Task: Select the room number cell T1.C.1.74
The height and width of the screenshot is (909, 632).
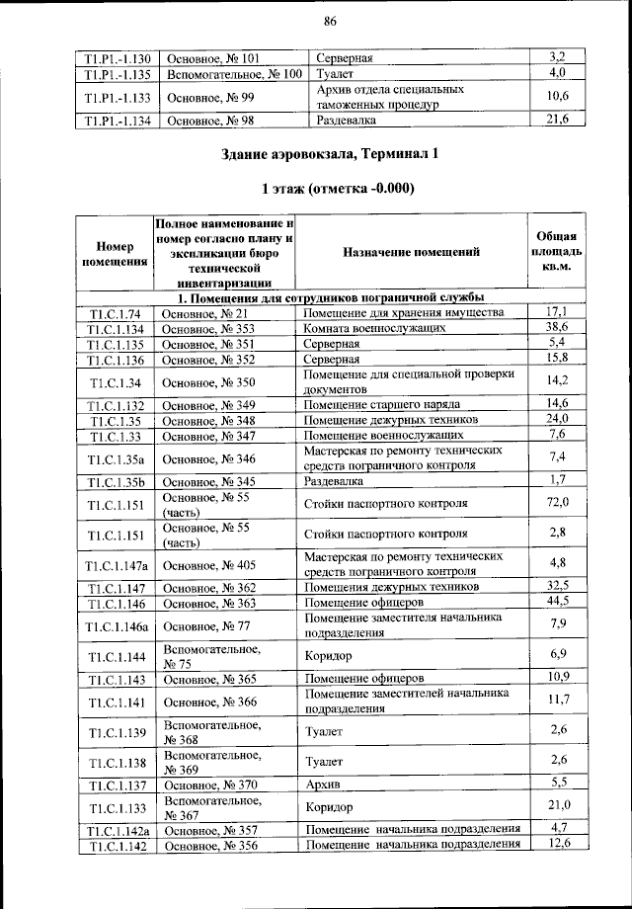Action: (116, 313)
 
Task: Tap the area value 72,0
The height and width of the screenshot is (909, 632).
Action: (558, 504)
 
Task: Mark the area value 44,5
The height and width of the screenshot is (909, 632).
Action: (558, 601)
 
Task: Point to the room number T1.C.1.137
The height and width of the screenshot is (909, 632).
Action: (116, 785)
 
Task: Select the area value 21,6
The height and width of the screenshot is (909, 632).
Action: (558, 121)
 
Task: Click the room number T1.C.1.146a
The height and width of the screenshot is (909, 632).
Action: (116, 624)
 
